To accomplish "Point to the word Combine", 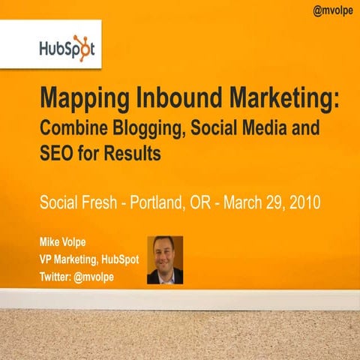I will [72, 129].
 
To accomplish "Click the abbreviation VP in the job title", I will [46, 259].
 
